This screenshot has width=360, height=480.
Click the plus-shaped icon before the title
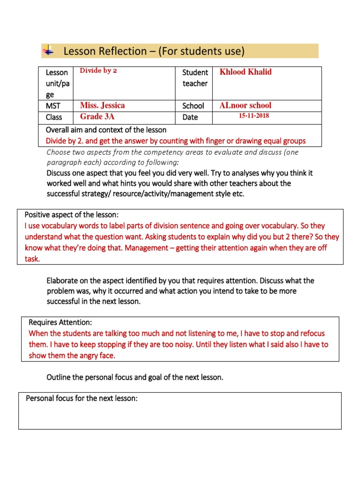click(48, 51)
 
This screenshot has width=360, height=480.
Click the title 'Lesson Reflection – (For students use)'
click(154, 51)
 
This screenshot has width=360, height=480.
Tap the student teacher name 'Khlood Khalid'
click(246, 72)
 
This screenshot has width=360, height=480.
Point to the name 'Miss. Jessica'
click(102, 105)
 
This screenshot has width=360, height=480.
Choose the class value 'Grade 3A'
click(98, 117)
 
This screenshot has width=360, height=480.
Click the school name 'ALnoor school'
click(245, 105)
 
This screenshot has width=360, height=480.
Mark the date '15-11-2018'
click(254, 116)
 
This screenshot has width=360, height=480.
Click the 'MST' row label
click(52, 106)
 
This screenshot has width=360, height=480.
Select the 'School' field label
click(193, 106)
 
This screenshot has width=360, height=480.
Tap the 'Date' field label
click(190, 117)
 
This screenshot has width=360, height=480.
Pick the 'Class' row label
click(53, 117)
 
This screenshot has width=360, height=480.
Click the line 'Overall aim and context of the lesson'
click(106, 130)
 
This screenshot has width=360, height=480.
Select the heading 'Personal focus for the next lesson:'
click(81, 398)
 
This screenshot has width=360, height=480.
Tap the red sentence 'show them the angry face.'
click(72, 355)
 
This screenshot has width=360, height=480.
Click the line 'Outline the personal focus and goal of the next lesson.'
click(135, 377)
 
